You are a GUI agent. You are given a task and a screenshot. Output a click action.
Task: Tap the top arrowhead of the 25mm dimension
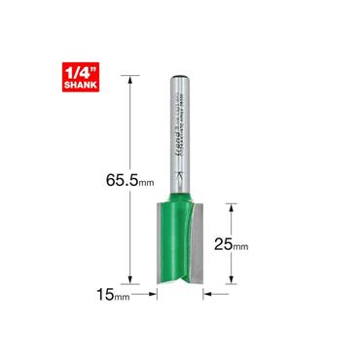(x=230, y=204)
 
